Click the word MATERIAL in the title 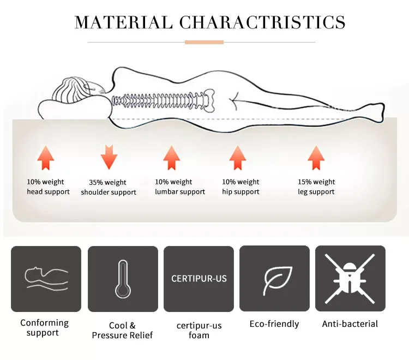(123, 22)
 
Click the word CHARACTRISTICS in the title (262, 22)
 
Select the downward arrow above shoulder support (109, 157)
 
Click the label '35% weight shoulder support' (109, 187)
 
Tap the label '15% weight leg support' (316, 187)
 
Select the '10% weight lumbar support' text (180, 187)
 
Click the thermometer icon (123, 279)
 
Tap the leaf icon (274, 280)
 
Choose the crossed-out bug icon (350, 279)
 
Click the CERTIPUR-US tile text (199, 279)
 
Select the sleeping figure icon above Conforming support (46, 278)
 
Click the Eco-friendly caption (274, 324)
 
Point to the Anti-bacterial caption (350, 324)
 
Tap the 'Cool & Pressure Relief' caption (123, 330)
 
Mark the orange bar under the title (204, 42)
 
